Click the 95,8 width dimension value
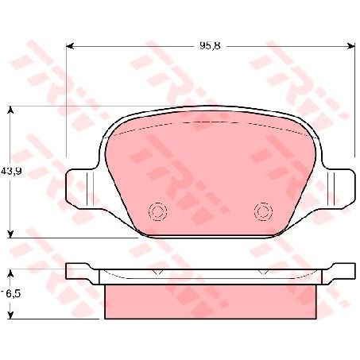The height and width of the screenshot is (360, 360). pyautogui.click(x=210, y=46)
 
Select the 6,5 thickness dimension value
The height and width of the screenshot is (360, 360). pyautogui.click(x=13, y=293)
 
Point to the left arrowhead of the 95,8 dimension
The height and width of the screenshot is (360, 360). pyautogui.click(x=70, y=46)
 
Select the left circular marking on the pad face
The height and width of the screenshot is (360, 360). pyautogui.click(x=156, y=211)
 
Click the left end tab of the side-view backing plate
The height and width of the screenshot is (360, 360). pyautogui.click(x=79, y=270)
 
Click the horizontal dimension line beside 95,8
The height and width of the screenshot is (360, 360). pyautogui.click(x=135, y=46)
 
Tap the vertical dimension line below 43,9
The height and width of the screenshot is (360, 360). pyautogui.click(x=10, y=207)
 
